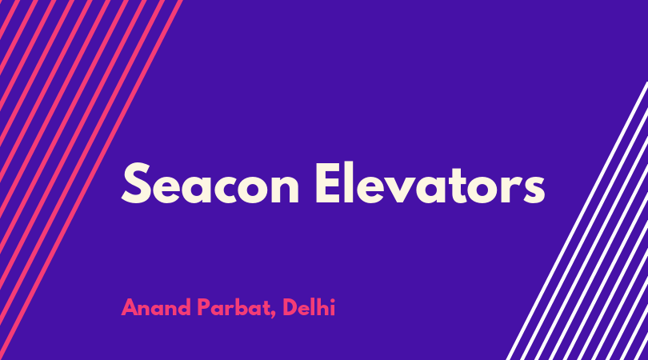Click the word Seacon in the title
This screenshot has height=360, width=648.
coord(210,183)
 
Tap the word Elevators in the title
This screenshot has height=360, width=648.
coord(430,183)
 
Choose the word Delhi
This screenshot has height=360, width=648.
coord(309,307)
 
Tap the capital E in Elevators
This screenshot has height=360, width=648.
coord(329,183)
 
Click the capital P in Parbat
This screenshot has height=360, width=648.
coord(204,307)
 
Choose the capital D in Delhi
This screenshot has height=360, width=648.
coord(291,307)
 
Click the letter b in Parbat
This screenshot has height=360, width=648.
coord(242,307)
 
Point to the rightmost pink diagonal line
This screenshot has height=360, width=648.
coord(91,180)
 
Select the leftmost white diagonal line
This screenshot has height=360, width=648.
coord(577,221)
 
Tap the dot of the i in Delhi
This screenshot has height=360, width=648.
coord(333,301)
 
